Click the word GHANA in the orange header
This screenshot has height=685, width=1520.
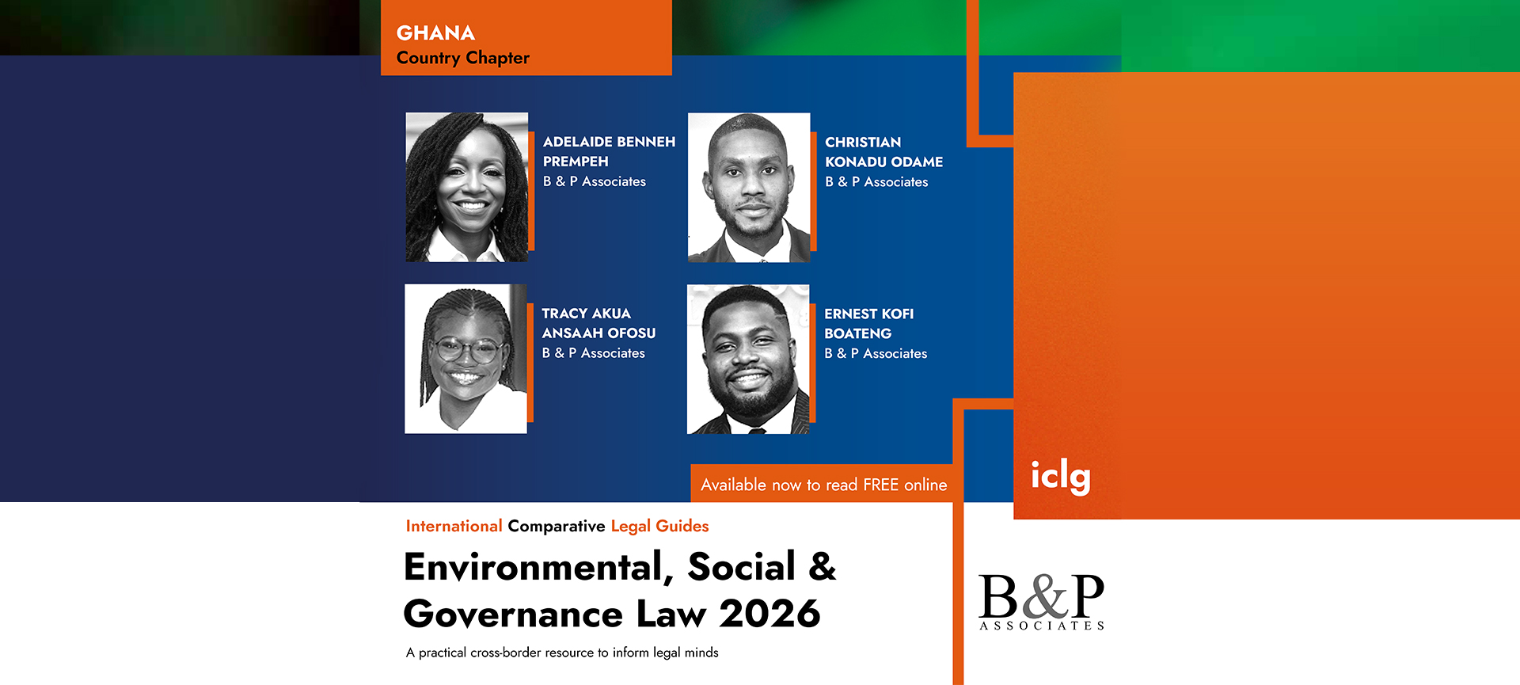click(x=435, y=33)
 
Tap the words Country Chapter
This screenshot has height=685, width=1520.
click(x=463, y=58)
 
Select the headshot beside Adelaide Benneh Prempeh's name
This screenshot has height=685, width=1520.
click(x=467, y=187)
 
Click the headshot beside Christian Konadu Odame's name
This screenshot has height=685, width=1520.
click(x=749, y=188)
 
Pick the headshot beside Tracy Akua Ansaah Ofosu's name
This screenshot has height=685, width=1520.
click(x=465, y=359)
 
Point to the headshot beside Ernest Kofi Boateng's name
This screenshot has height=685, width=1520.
click(x=748, y=360)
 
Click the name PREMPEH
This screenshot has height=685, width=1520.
click(x=576, y=162)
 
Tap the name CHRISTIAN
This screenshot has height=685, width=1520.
click(x=863, y=143)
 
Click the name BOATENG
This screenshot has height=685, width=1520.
click(x=858, y=334)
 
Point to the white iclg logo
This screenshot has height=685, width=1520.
click(x=1061, y=477)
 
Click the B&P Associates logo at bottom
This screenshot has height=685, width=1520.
click(x=1042, y=602)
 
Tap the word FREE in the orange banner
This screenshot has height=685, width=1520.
click(x=880, y=485)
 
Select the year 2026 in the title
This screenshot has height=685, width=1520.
click(x=769, y=614)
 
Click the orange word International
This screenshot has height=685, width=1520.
click(x=454, y=526)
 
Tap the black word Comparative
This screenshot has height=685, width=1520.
click(x=557, y=527)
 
